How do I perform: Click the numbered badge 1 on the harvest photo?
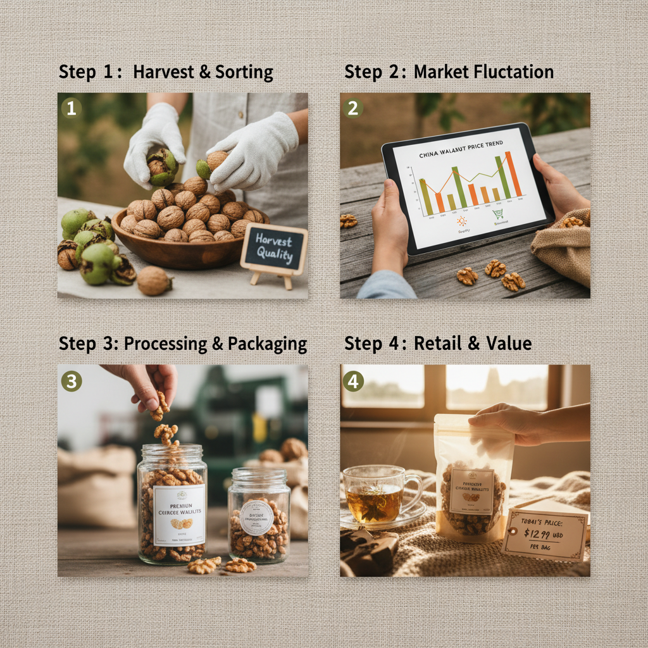click(x=71, y=108)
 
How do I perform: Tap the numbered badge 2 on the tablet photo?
click(x=352, y=108)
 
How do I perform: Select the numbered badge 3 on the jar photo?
click(x=71, y=381)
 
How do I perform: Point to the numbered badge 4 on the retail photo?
click(x=352, y=381)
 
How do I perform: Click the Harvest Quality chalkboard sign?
click(x=273, y=249)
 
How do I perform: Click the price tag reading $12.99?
click(x=545, y=535)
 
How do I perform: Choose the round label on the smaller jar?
click(x=257, y=516)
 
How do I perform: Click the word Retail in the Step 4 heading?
click(x=437, y=344)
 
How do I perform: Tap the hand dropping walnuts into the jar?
click(x=149, y=383)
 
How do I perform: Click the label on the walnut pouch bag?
click(x=471, y=490)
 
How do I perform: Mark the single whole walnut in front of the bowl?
click(x=154, y=280)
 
